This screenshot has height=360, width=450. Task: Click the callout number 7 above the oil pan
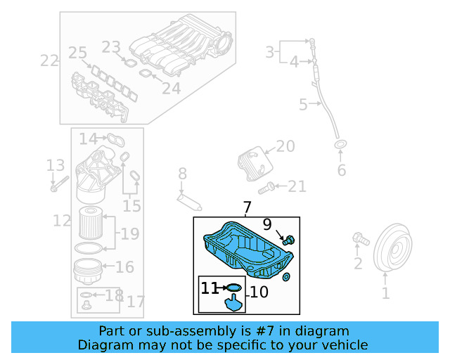247,207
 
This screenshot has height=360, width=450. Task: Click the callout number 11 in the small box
210,288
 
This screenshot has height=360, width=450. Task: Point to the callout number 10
259,291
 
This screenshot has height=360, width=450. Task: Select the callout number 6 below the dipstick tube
342,170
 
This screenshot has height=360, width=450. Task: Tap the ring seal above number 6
340,146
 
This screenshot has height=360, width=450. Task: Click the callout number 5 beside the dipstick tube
303,105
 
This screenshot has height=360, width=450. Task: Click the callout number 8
181,173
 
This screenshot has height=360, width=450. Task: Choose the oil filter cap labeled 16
88,270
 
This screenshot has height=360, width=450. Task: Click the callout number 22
49,60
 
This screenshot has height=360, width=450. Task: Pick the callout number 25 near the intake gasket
77,53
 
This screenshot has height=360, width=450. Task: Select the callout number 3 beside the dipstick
269,51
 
